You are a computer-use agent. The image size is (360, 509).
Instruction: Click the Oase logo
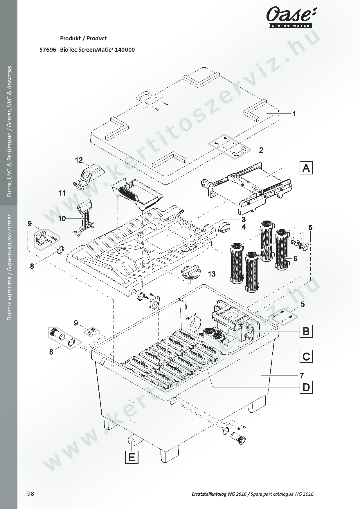click(291, 18)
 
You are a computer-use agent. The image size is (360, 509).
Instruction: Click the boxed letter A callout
click(306, 168)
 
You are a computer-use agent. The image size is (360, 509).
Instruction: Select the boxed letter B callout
click(306, 331)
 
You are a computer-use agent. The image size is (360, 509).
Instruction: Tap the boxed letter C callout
click(306, 356)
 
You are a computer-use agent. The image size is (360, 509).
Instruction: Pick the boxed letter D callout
click(306, 387)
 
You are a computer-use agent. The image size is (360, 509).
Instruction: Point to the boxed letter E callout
click(132, 458)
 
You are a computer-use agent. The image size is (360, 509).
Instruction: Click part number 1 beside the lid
click(294, 114)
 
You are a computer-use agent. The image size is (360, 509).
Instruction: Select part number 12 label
click(79, 160)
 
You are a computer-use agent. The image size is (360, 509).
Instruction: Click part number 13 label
click(212, 274)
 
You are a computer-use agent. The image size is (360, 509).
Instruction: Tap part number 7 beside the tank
click(302, 376)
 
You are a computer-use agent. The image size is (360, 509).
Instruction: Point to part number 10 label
click(62, 218)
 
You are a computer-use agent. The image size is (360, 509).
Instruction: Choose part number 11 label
click(62, 193)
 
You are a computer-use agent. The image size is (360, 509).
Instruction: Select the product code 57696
click(48, 50)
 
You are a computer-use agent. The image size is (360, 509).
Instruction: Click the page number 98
click(30, 494)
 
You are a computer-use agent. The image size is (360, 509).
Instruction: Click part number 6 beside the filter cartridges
click(295, 259)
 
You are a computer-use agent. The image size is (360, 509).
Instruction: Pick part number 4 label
click(244, 227)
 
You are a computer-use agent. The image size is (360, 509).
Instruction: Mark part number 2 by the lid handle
click(261, 150)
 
